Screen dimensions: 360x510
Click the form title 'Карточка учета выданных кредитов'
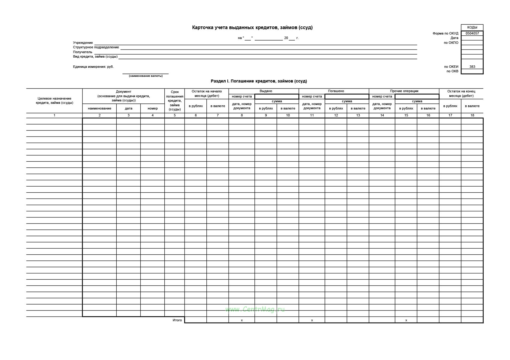pos(252,28)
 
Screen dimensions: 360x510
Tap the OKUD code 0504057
pos(472,33)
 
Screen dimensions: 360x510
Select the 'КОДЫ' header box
pos(472,27)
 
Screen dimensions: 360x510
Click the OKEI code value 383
pos(472,67)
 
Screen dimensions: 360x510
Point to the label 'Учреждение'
pos(83,43)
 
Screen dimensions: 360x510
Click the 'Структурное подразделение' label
pos(96,47)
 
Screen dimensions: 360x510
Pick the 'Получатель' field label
pos(82,52)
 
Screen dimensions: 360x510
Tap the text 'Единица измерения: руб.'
pos(93,67)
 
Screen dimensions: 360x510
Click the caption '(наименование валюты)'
pos(146,76)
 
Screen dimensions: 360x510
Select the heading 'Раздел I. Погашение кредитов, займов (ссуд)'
pos(259,81)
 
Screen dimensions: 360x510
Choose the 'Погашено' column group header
pos(336,91)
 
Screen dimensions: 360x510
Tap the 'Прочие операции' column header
pos(404,91)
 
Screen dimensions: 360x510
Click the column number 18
pos(472,115)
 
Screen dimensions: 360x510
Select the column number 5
pos(175,115)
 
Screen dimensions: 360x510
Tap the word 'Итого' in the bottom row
pos(177,320)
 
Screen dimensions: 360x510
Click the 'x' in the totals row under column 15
pos(406,320)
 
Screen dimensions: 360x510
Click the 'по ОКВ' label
pos(452,71)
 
